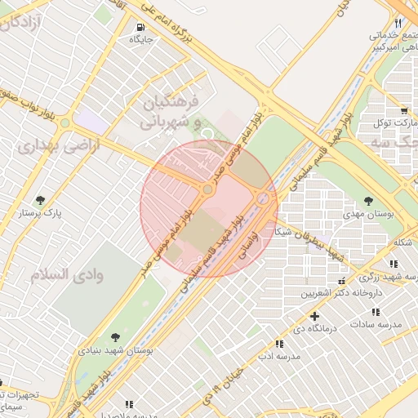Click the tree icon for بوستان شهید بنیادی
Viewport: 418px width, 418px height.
point(114,336)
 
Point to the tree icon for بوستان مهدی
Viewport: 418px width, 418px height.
point(369,200)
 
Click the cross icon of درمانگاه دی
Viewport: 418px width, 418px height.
point(314,316)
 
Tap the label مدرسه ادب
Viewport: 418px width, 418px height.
point(278,357)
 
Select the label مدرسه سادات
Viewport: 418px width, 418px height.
point(376,324)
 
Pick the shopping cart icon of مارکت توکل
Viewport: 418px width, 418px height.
point(404,110)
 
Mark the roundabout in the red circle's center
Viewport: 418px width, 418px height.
point(208,189)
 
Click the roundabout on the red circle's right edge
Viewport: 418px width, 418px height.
point(264,198)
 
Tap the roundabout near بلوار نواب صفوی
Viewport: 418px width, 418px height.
point(65,123)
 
